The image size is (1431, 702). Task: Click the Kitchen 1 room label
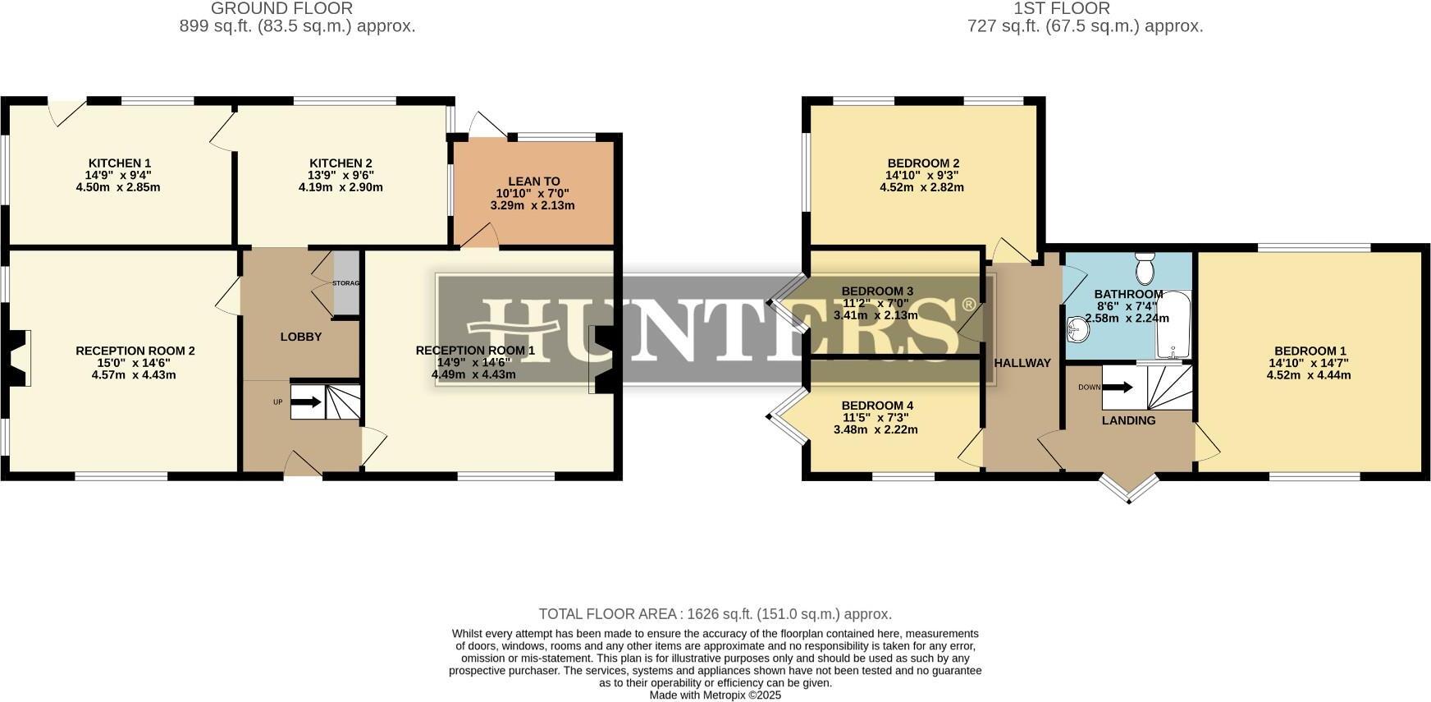(x=120, y=163)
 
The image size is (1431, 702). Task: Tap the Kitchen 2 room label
(x=341, y=163)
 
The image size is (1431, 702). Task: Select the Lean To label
(x=534, y=181)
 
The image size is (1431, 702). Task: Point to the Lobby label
(x=301, y=337)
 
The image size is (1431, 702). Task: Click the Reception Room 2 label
(x=135, y=351)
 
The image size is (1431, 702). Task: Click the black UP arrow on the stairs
(x=307, y=402)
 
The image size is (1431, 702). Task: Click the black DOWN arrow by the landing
(x=1117, y=388)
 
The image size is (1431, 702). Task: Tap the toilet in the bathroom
(x=1145, y=268)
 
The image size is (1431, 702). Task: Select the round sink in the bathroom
(x=1078, y=330)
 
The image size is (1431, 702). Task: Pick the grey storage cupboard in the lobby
(x=346, y=282)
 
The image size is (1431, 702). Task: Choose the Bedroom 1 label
(x=1310, y=351)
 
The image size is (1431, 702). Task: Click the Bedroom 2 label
(x=923, y=163)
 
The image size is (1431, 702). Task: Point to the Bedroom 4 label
(x=877, y=406)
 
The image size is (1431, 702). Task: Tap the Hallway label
(x=1022, y=363)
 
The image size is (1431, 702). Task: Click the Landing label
(x=1128, y=420)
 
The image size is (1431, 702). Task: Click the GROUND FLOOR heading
(x=282, y=8)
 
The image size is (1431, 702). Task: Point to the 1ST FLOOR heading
(x=1062, y=8)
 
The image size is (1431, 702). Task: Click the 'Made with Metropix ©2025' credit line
(x=715, y=695)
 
